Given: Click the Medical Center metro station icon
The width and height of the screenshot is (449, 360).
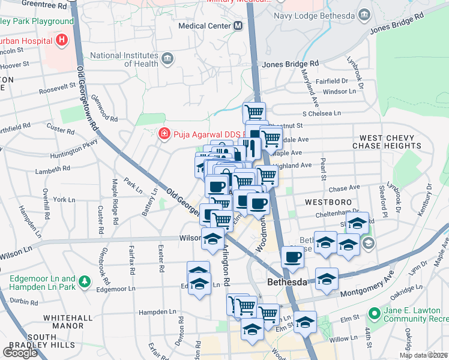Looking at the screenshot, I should coord(238,26).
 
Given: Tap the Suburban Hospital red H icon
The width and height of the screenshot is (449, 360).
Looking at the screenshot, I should coord(61,41).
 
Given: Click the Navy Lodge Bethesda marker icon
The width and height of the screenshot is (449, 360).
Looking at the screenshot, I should coord(364,14).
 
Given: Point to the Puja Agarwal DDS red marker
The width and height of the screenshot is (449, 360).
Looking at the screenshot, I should coord(163,133).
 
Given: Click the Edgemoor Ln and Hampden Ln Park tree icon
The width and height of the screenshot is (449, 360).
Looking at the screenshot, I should coord(85,281).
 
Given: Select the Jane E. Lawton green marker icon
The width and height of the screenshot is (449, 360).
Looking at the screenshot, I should coord(375,313).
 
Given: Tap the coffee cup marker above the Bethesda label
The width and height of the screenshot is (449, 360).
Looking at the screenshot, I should coord(292,256).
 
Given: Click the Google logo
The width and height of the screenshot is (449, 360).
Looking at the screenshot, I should coord(20,353).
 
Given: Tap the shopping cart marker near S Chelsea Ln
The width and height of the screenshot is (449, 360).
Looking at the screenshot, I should coord(255,112).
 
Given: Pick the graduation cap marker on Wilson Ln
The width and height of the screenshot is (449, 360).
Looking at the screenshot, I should coord(212,238).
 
